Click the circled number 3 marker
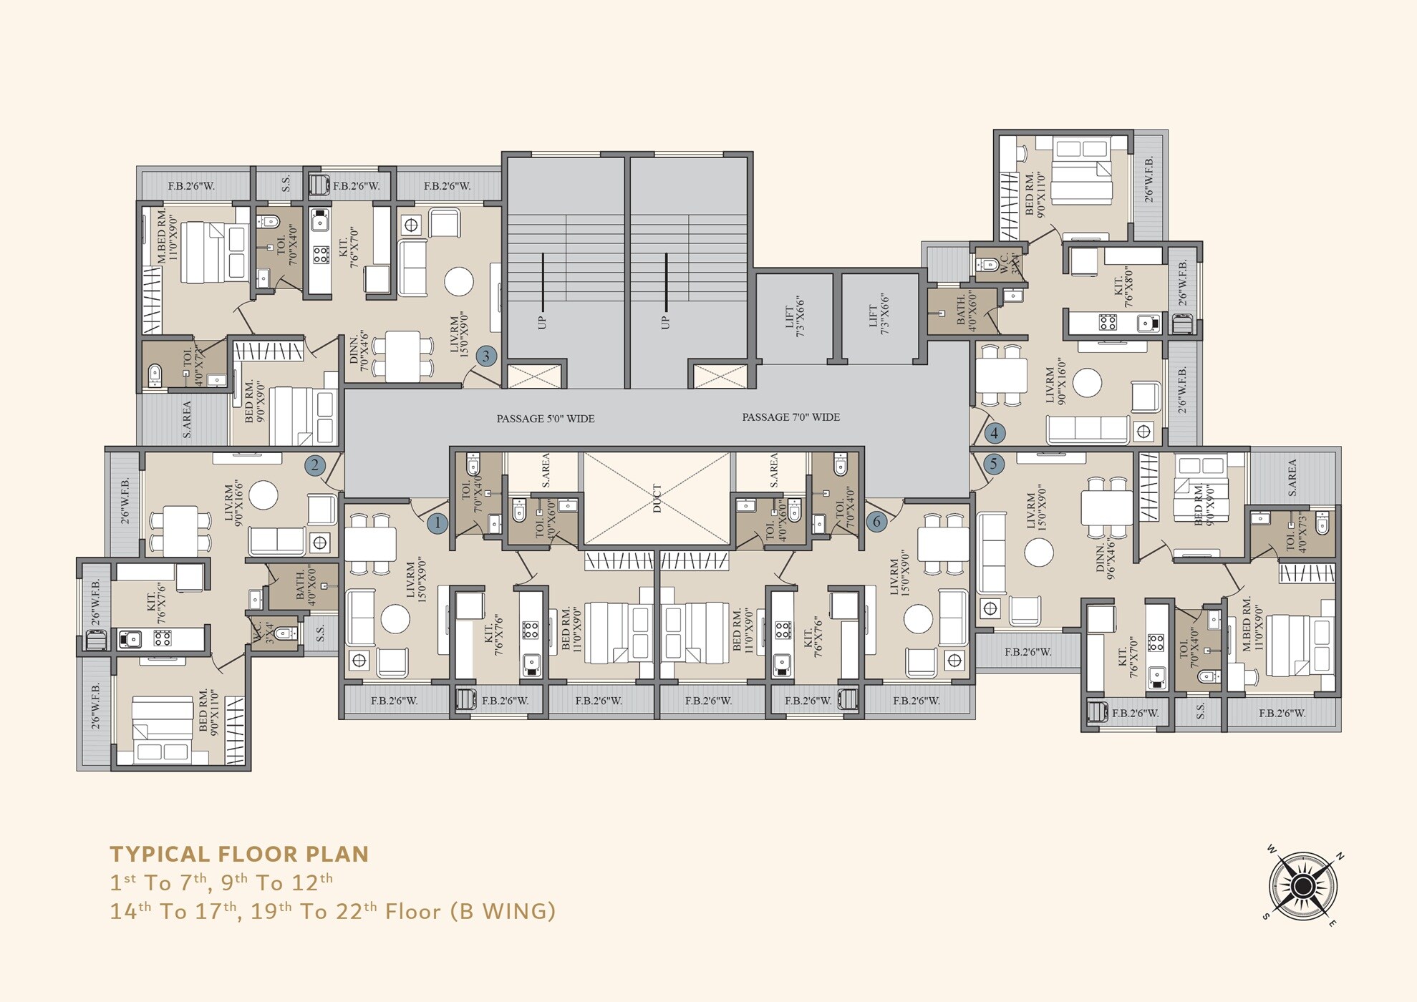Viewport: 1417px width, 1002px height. pos(486,356)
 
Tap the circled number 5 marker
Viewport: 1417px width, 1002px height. pos(993,464)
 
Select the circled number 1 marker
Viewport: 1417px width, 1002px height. pos(437,523)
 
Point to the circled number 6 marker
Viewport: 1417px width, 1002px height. pos(876,522)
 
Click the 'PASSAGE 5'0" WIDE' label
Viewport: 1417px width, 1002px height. pos(546,419)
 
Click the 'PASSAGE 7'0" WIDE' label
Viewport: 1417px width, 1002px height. pos(790,417)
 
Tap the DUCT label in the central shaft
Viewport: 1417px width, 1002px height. pos(657,498)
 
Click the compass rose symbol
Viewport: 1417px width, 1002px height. pos(1302,887)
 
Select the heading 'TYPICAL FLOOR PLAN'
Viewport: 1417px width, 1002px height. pos(239,854)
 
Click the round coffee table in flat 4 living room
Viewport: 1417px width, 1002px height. pos(1087,383)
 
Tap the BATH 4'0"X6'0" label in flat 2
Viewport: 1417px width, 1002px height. pos(305,586)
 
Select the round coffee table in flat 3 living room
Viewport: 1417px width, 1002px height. pos(458,281)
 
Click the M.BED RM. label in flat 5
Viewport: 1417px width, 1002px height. pos(1253,624)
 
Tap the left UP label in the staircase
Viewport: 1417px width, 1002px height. pos(542,322)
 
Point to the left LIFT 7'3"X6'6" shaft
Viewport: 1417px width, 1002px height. pos(795,317)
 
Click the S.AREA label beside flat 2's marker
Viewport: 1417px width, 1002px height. pos(187,419)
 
